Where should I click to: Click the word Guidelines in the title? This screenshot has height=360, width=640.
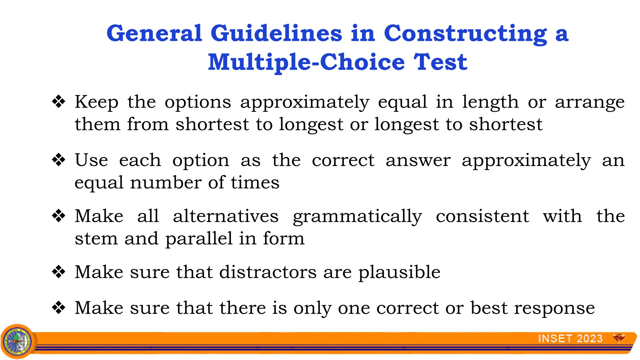[x=276, y=33]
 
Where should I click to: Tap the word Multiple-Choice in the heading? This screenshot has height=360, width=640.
[x=306, y=62]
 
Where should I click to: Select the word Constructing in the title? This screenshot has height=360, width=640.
[x=465, y=33]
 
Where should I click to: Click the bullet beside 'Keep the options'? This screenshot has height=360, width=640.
[x=59, y=102]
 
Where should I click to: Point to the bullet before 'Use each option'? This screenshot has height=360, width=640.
[x=59, y=160]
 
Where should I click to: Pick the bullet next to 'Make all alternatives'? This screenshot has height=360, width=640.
[x=59, y=216]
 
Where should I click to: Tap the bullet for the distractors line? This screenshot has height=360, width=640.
[x=59, y=272]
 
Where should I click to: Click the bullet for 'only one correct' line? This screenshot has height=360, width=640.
[x=59, y=308]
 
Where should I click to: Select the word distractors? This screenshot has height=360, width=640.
[x=268, y=272]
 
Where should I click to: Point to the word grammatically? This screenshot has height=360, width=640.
[x=357, y=217]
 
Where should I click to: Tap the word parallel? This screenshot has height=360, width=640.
[x=199, y=239]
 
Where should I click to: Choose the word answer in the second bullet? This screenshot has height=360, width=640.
[x=418, y=161]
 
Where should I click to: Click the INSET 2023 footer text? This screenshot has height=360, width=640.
[x=570, y=338]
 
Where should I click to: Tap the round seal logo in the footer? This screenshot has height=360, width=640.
[x=18, y=341]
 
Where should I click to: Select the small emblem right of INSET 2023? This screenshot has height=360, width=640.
[x=619, y=338]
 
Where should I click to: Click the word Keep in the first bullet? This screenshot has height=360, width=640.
[x=97, y=102]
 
